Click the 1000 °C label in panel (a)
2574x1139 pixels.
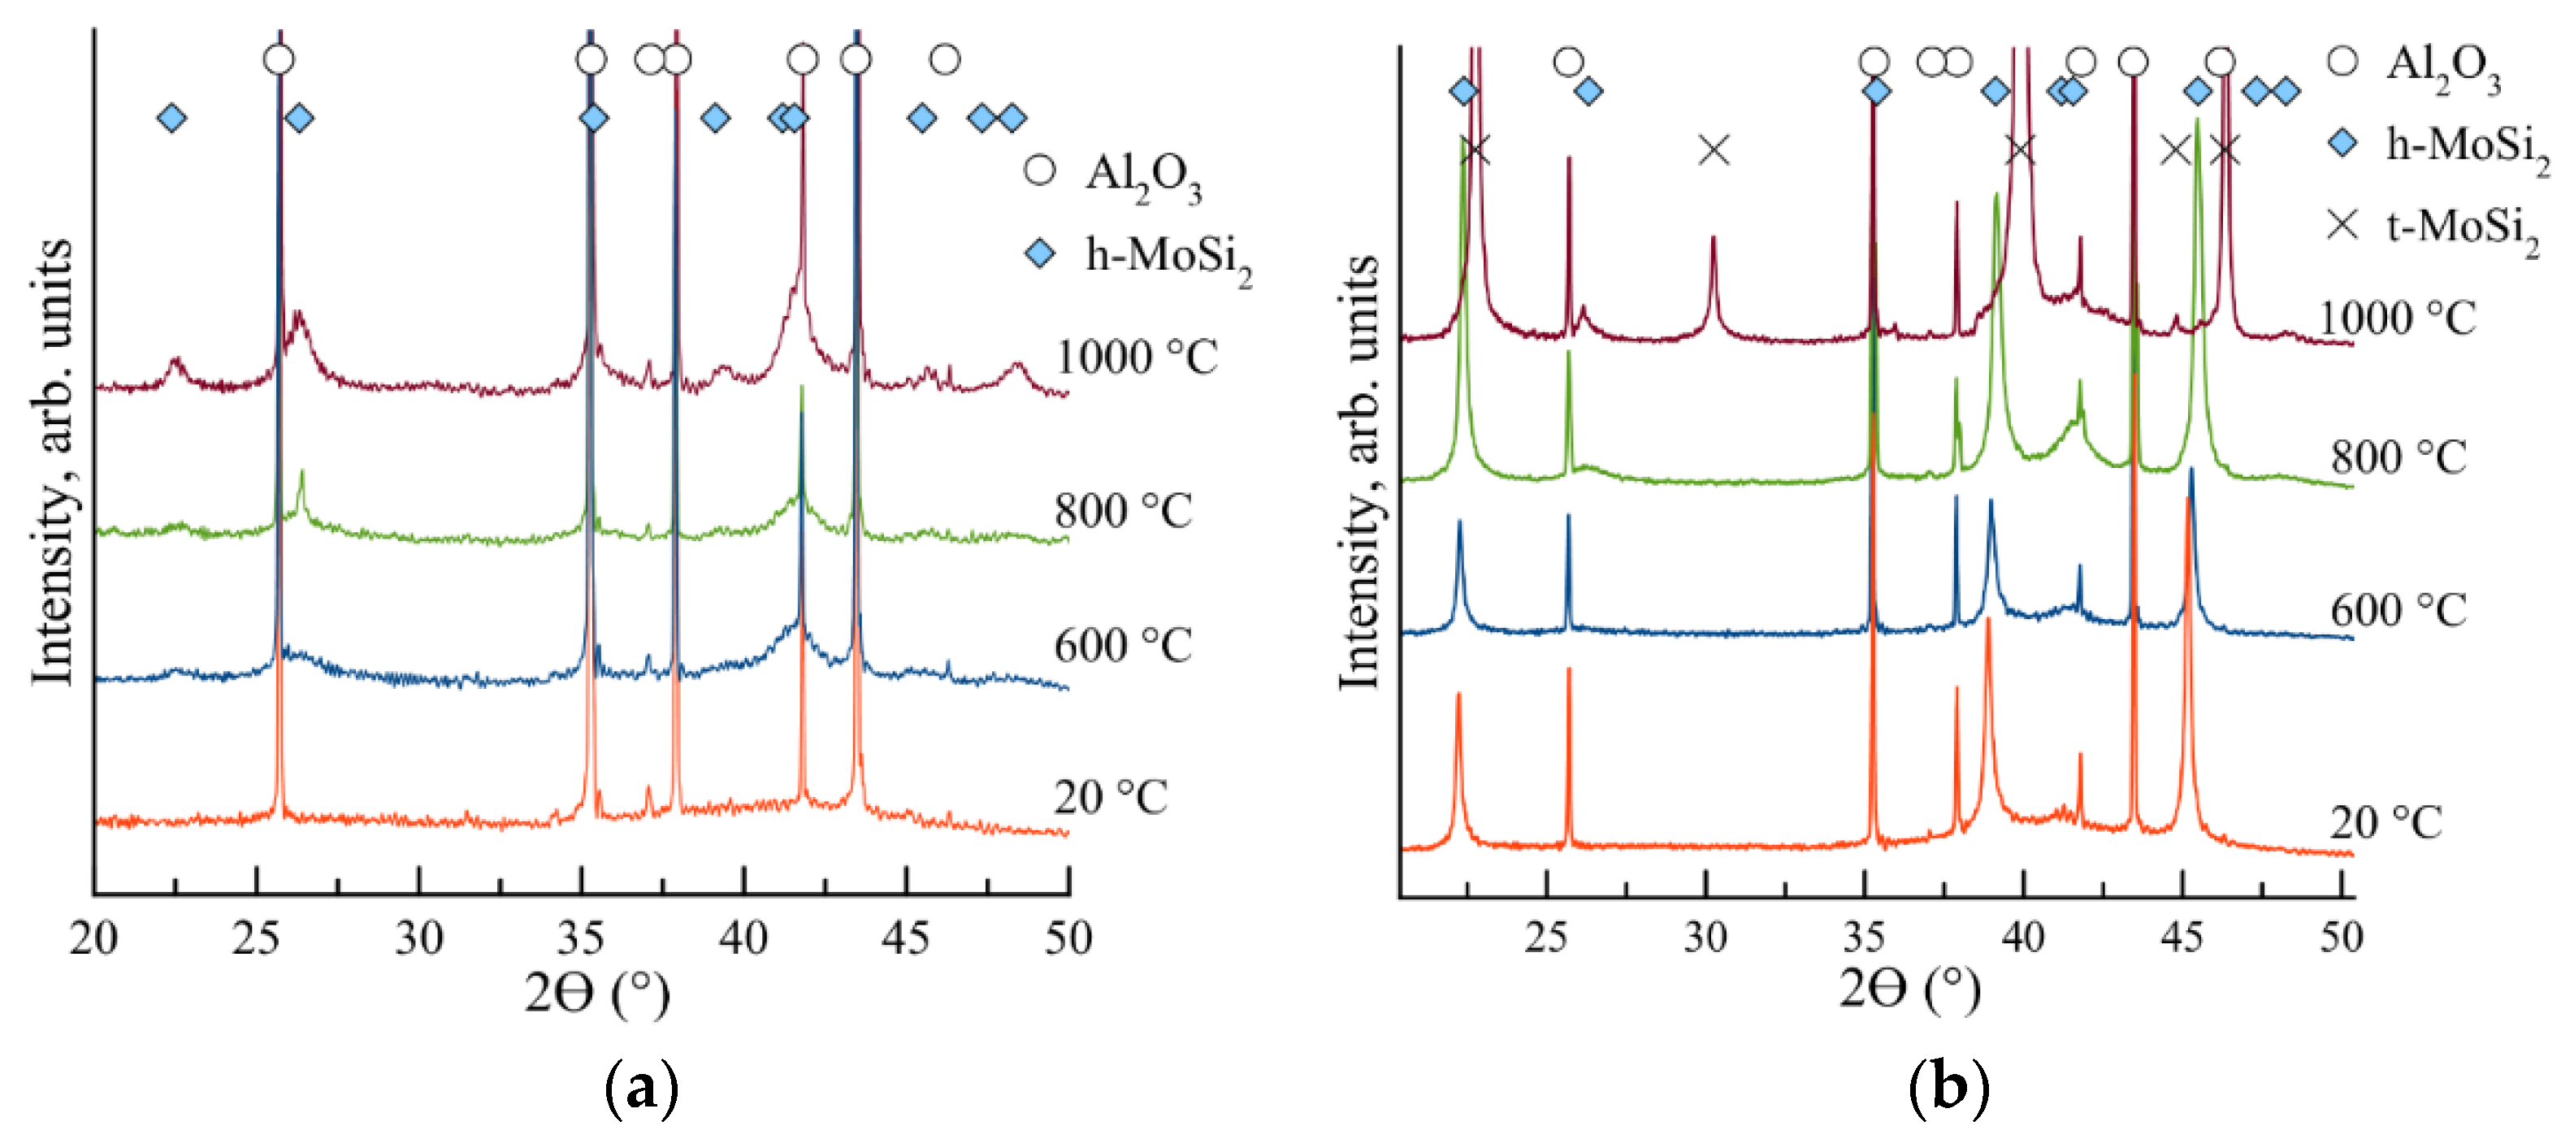[x=1136, y=357]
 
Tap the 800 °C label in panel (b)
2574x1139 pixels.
[x=2398, y=457]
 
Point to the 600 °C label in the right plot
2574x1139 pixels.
[x=2398, y=610]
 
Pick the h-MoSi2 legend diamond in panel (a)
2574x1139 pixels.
[x=1040, y=253]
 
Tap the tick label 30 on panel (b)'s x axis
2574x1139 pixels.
[x=1705, y=938]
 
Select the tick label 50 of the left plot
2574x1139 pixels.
[x=1068, y=938]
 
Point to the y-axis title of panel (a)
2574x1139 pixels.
[x=52, y=461]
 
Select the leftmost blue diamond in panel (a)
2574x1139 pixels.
[x=172, y=118]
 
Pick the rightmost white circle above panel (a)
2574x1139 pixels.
[x=944, y=60]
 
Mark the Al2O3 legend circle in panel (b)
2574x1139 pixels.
[x=2342, y=62]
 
